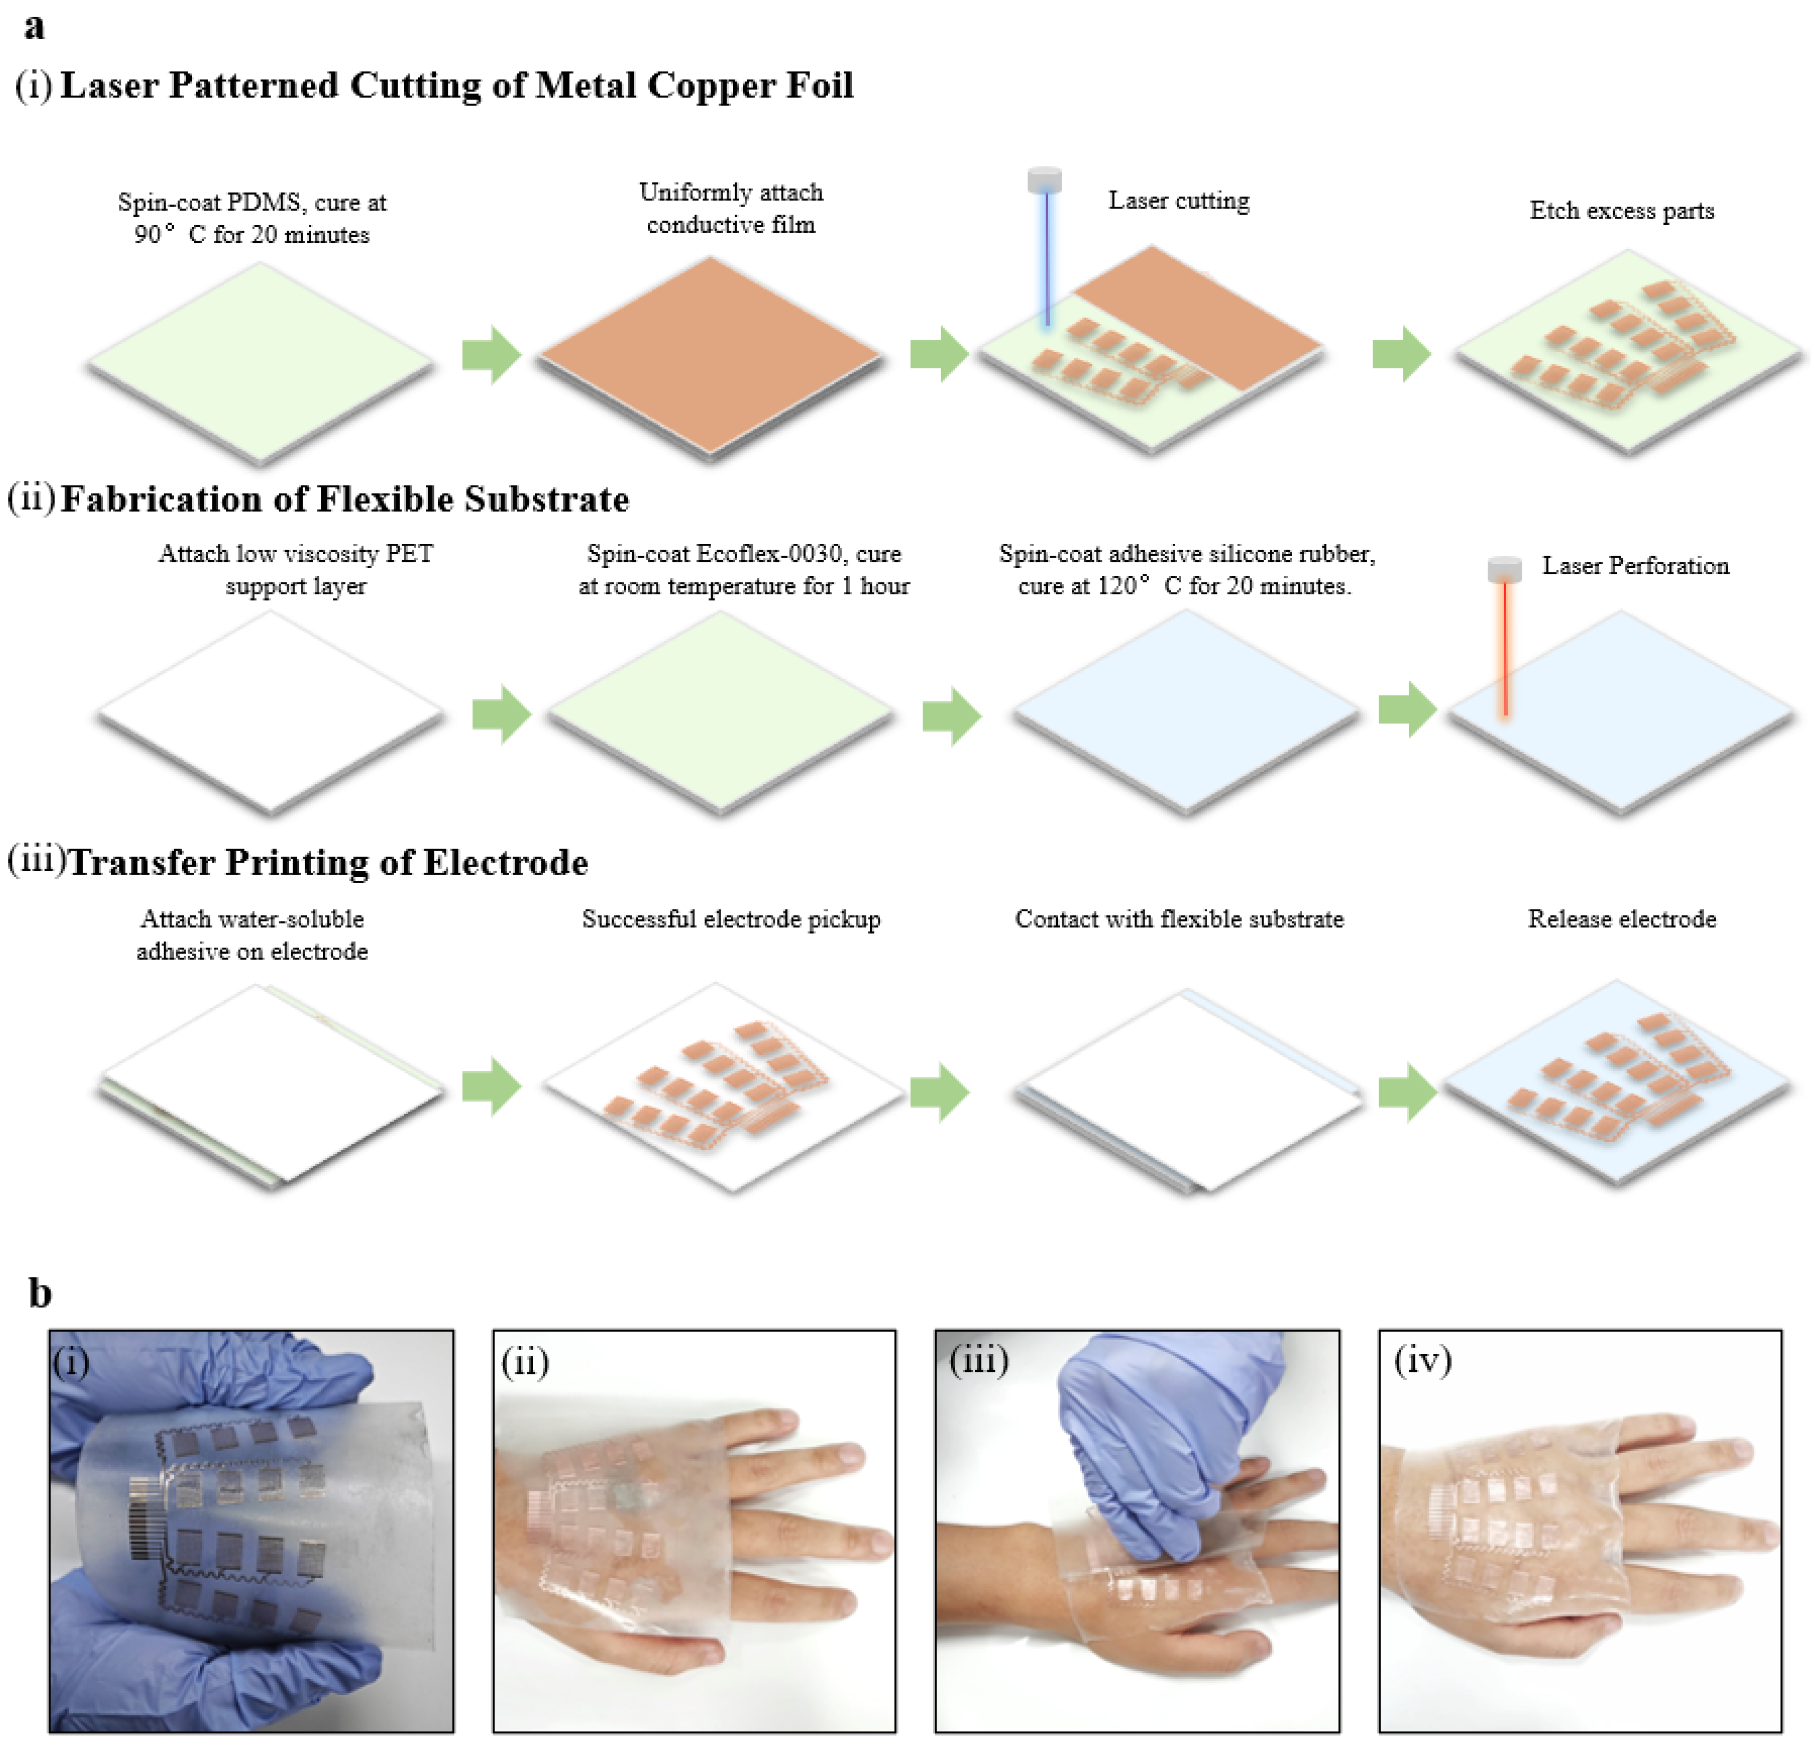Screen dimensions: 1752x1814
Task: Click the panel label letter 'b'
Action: point(40,1293)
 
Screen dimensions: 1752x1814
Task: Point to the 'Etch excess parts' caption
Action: point(1622,211)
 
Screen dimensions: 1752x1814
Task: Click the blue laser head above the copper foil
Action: point(1045,179)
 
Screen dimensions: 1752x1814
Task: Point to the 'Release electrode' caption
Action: point(1622,919)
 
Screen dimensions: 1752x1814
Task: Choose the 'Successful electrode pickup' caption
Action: point(731,919)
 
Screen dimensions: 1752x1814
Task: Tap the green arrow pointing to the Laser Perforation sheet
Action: point(1407,710)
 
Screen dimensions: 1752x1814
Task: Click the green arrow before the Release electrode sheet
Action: point(1407,1092)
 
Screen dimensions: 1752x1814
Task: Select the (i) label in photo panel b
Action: point(71,1363)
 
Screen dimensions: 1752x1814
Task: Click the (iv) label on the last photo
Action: point(1423,1361)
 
